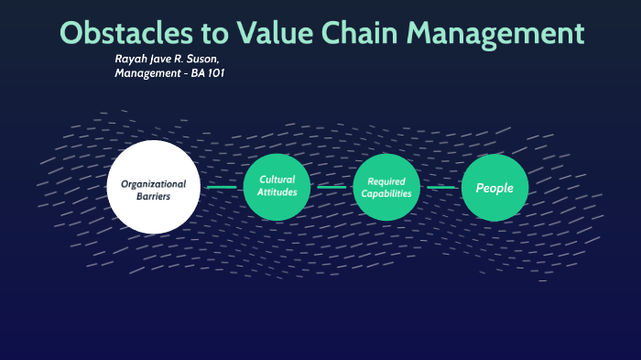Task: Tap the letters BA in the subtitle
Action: [188, 72]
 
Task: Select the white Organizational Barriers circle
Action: [153, 187]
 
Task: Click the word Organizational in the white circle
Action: [153, 183]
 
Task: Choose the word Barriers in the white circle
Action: [153, 196]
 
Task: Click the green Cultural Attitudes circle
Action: [277, 187]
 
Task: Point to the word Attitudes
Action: [277, 192]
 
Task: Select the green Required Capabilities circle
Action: [386, 187]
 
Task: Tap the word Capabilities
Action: [386, 193]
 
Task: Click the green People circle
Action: [494, 187]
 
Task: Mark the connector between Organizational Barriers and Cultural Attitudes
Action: [222, 187]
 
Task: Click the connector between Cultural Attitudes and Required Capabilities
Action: [331, 187]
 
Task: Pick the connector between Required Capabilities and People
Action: [440, 187]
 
